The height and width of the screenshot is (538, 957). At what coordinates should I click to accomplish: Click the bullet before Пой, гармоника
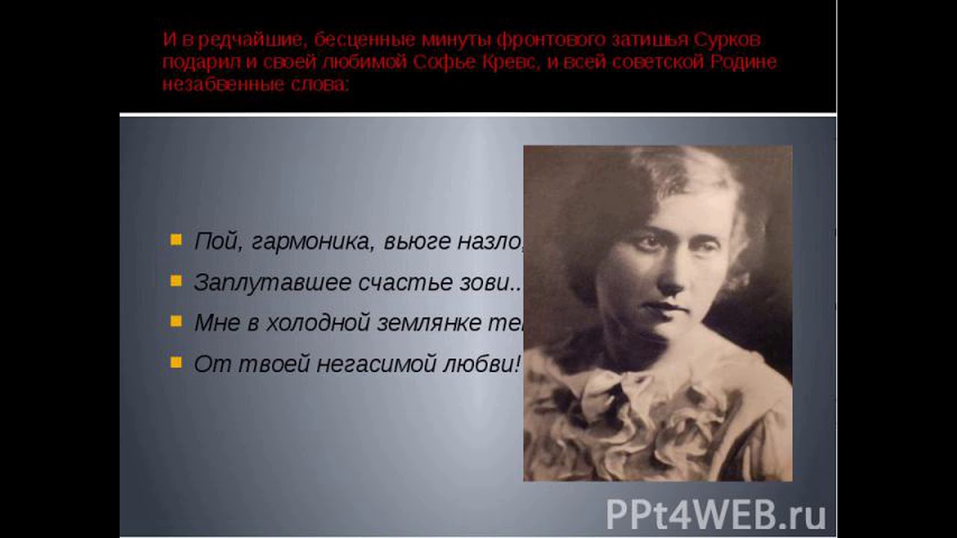click(176, 240)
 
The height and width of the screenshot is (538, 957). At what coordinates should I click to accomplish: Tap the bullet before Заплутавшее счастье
click(176, 281)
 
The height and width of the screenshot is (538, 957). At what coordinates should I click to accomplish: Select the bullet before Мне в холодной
click(176, 321)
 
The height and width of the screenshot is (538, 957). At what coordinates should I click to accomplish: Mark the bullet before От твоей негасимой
click(176, 362)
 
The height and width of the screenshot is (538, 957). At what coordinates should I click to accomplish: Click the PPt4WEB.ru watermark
click(716, 514)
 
